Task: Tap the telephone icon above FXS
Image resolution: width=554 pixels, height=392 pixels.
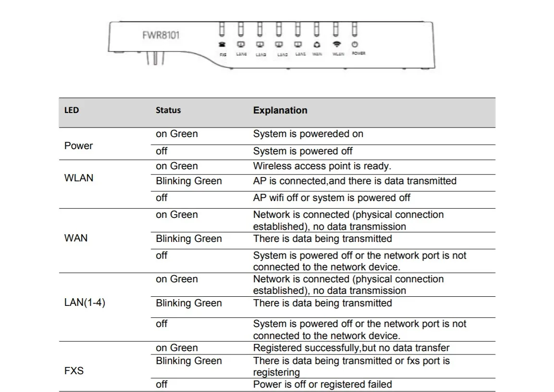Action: (222, 44)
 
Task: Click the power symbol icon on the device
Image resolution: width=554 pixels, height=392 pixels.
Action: (355, 44)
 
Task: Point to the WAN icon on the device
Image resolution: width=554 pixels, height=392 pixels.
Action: (317, 44)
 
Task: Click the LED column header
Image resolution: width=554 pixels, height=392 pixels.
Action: (72, 110)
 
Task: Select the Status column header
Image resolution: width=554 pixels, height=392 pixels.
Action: (168, 110)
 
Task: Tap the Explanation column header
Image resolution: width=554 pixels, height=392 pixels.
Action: (280, 110)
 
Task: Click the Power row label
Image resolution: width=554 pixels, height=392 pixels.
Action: (78, 146)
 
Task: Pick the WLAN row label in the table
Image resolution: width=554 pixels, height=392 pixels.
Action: (79, 178)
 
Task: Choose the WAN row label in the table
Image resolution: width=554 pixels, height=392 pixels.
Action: (76, 238)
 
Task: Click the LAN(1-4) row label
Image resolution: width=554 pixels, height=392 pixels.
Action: (85, 303)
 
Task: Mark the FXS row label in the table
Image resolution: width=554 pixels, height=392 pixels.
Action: (74, 371)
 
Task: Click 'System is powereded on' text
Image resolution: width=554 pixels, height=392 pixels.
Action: (308, 134)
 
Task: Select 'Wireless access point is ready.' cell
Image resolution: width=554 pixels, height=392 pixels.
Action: (322, 166)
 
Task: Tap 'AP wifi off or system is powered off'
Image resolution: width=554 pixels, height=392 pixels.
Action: (332, 198)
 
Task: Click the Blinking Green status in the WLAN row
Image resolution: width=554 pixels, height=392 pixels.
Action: (189, 181)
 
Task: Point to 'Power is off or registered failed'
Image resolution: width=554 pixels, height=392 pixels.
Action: (322, 384)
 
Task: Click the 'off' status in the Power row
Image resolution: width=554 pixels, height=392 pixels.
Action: (161, 151)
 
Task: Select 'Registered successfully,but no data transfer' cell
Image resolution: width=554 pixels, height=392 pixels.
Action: (351, 348)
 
